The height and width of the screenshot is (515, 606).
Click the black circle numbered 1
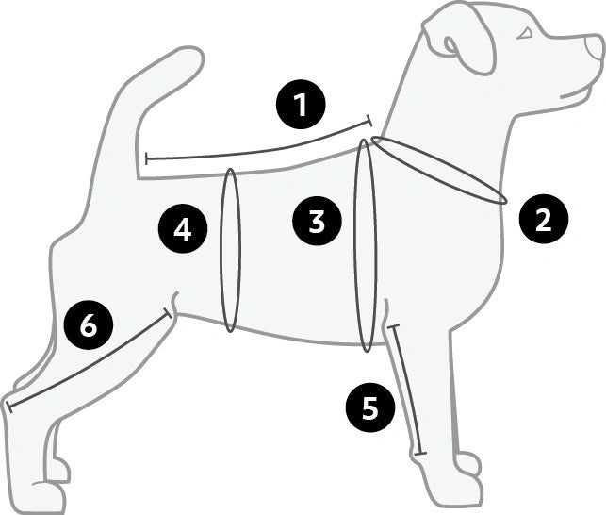point(301,105)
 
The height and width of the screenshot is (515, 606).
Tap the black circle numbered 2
point(544,220)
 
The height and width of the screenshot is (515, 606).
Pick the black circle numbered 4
point(183,229)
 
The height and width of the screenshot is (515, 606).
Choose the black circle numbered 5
point(370,407)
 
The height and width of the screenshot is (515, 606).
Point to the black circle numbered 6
point(89,325)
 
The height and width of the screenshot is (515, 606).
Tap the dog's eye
point(525,34)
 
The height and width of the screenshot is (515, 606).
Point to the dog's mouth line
point(577,94)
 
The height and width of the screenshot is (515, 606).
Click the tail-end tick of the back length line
point(146,158)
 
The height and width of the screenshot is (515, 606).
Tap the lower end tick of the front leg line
point(420,454)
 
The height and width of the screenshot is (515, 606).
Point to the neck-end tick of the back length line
point(369,121)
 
